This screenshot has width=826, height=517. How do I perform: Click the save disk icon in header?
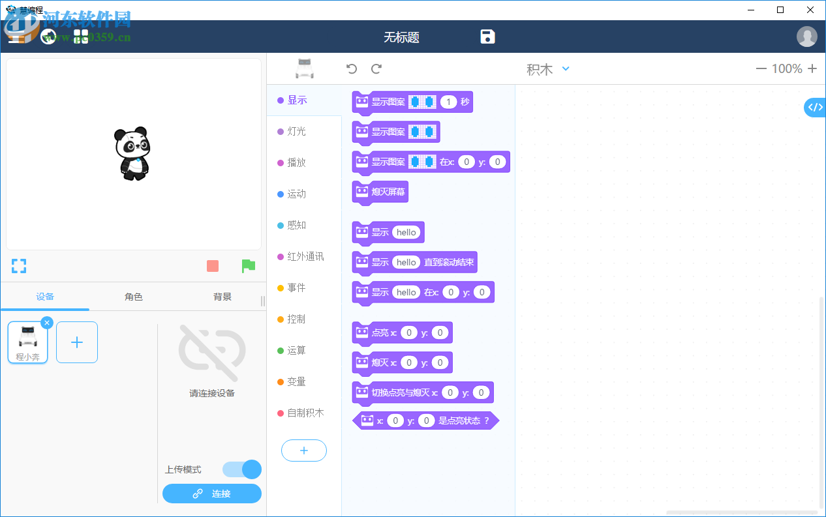pyautogui.click(x=487, y=37)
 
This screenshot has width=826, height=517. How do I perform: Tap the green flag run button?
pyautogui.click(x=248, y=266)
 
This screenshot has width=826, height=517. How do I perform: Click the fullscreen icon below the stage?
pyautogui.click(x=19, y=266)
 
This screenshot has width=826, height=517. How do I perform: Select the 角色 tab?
pyautogui.click(x=133, y=297)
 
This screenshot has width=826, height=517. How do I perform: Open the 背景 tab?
pyautogui.click(x=222, y=297)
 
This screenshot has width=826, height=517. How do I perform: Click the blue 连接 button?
pyautogui.click(x=212, y=494)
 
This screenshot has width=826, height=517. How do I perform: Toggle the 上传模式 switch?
pyautogui.click(x=242, y=469)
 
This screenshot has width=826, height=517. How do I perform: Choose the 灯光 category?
pyautogui.click(x=296, y=131)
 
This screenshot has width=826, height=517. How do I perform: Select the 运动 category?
pyautogui.click(x=296, y=194)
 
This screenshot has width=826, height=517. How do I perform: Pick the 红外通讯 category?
pyautogui.click(x=305, y=256)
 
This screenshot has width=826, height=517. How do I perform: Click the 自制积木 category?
pyautogui.click(x=305, y=413)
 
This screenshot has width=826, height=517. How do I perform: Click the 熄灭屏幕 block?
pyautogui.click(x=381, y=192)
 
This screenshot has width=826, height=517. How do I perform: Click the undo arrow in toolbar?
pyautogui.click(x=352, y=69)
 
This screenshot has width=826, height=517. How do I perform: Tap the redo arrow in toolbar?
pyautogui.click(x=376, y=69)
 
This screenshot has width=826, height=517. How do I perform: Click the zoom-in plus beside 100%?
pyautogui.click(x=812, y=68)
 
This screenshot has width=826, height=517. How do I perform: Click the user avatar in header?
pyautogui.click(x=806, y=37)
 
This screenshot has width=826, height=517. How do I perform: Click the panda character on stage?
pyautogui.click(x=132, y=154)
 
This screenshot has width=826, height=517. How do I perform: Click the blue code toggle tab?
pyautogui.click(x=815, y=108)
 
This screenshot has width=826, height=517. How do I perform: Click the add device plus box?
pyautogui.click(x=77, y=342)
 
